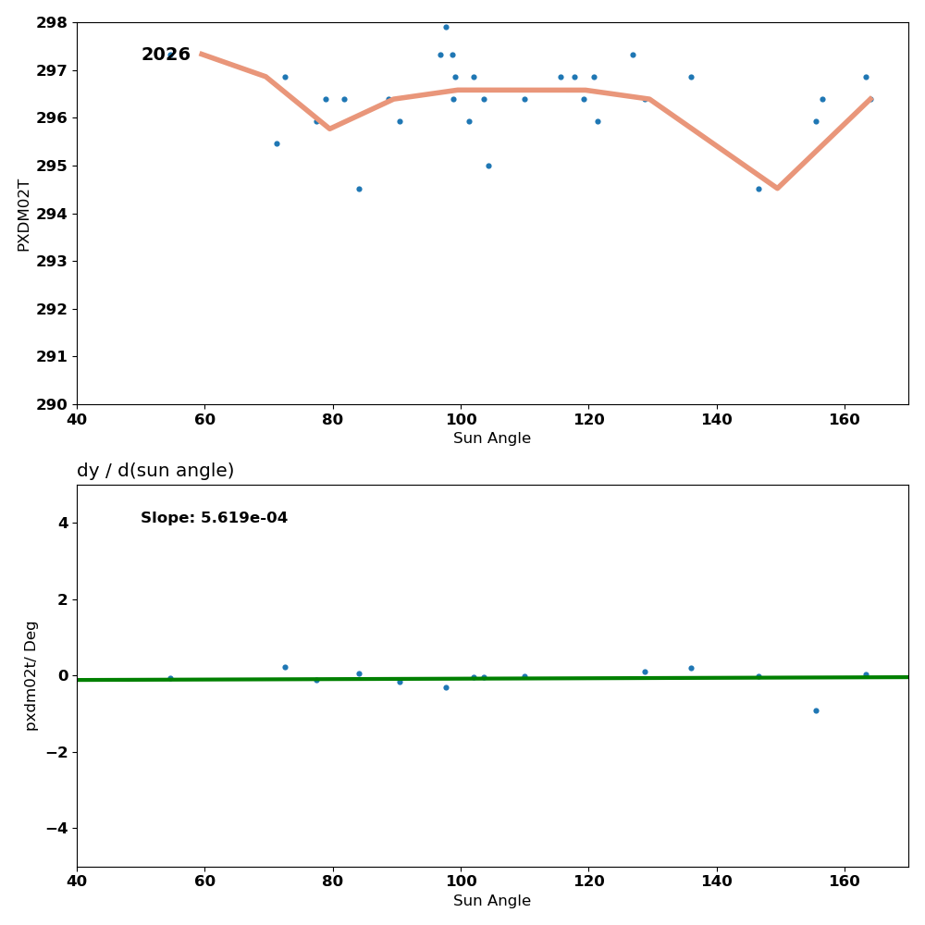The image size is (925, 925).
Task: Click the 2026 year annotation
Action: coord(166,55)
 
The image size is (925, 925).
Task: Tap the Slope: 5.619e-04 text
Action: coord(214,518)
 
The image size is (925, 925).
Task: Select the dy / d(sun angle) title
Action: coord(155,471)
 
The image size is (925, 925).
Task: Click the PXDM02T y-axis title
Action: coord(24,215)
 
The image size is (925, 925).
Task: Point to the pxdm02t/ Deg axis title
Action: coord(31,675)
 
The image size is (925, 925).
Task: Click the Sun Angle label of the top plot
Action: coord(492,438)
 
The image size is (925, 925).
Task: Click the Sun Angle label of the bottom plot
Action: coord(492,901)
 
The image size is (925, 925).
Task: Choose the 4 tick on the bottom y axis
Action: coord(63,523)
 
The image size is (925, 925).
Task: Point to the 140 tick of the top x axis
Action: coord(717,419)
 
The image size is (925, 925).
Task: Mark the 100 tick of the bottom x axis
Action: coord(461,882)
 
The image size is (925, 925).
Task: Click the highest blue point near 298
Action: coord(446,27)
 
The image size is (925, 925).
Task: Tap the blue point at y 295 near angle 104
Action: coord(488,166)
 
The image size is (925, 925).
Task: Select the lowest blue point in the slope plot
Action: coord(816,710)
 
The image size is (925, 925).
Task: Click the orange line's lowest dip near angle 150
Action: coord(777,188)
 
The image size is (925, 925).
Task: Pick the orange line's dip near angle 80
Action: coord(329,129)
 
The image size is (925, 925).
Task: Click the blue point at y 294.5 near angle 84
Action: coord(359,189)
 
